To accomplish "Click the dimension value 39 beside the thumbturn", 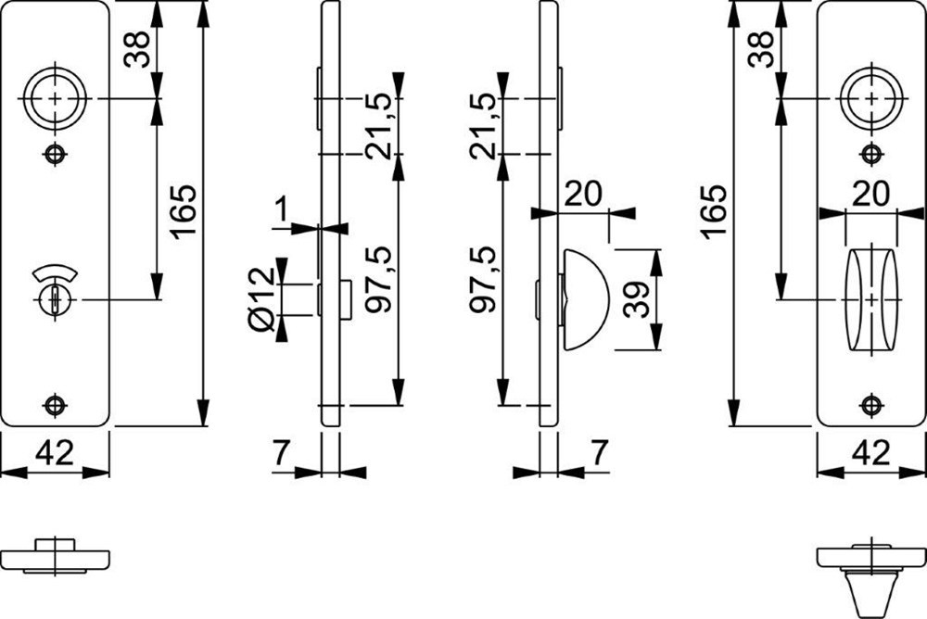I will pos(636,299).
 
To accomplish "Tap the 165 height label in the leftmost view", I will pos(184,212).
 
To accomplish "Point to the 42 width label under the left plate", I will pos(56,453).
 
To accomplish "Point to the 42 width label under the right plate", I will pos(871,453).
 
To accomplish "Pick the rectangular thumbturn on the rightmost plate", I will pos(871,298).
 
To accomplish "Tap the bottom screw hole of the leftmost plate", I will pos(56,405).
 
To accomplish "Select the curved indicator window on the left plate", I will pos(55,274).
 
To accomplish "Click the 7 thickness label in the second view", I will pos(279,453).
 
